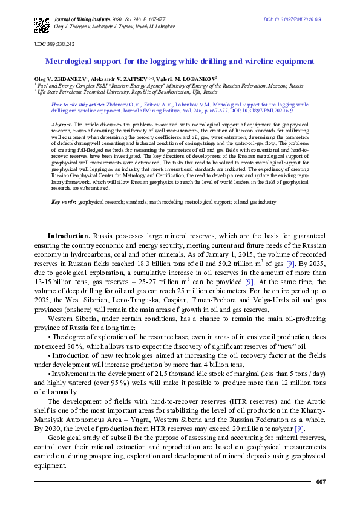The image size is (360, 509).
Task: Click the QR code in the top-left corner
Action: [x=41, y=25]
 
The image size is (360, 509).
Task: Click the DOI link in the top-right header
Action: [x=292, y=20]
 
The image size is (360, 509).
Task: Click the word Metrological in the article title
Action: [x=69, y=62]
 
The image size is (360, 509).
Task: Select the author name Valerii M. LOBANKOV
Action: [x=188, y=79]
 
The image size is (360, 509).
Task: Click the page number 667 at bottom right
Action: [x=321, y=481]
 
